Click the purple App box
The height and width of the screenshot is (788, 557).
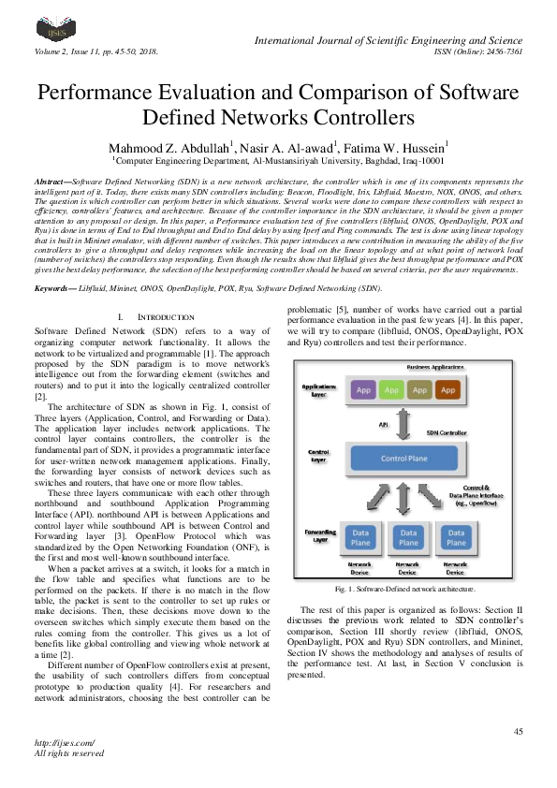point(363,388)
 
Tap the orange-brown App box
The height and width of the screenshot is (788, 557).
point(447,388)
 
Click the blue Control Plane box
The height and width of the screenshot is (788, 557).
point(403,458)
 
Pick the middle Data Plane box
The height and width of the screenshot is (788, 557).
point(407,538)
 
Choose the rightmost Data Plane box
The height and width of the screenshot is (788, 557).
point(455,538)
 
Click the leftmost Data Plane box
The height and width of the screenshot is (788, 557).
point(359,538)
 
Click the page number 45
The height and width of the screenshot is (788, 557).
point(517,731)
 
